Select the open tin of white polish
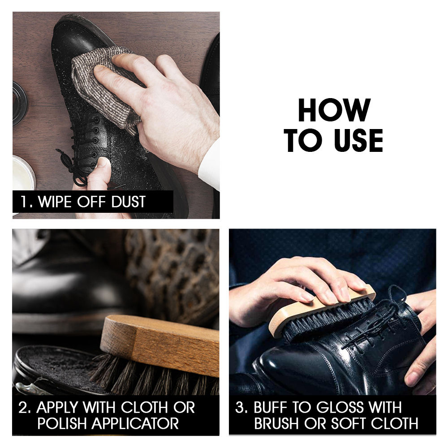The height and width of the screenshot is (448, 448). tap(22, 175)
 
